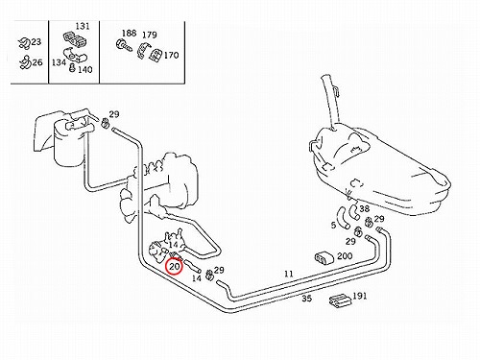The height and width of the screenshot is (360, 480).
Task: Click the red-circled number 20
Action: [x=174, y=267]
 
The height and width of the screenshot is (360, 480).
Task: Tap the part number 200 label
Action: [x=345, y=256]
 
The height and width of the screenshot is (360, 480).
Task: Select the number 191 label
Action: [x=359, y=296]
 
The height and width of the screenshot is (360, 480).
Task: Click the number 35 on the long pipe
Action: [x=306, y=299]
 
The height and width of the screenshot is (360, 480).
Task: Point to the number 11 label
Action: [x=289, y=274]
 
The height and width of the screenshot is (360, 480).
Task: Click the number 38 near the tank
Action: [x=364, y=208]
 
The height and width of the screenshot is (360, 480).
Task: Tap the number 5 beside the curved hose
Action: [x=333, y=226]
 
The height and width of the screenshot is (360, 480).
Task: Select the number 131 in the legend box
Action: [x=83, y=26]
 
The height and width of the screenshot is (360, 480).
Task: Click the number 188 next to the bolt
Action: [x=129, y=33]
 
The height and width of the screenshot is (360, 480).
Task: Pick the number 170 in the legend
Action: [x=171, y=56]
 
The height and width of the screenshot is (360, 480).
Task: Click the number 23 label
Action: [x=36, y=42]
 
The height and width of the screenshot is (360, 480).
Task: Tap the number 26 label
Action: [x=37, y=62]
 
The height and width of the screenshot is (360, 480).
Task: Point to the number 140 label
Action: [x=85, y=69]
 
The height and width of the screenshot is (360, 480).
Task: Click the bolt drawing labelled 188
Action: [x=124, y=45]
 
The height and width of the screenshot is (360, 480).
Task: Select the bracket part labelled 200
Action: [x=324, y=258]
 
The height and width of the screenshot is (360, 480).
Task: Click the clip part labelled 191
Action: [x=340, y=301]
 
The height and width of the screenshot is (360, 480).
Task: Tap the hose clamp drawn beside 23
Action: [x=23, y=43]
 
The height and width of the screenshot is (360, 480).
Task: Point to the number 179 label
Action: [x=150, y=35]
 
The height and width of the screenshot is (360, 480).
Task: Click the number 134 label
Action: [x=59, y=62]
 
